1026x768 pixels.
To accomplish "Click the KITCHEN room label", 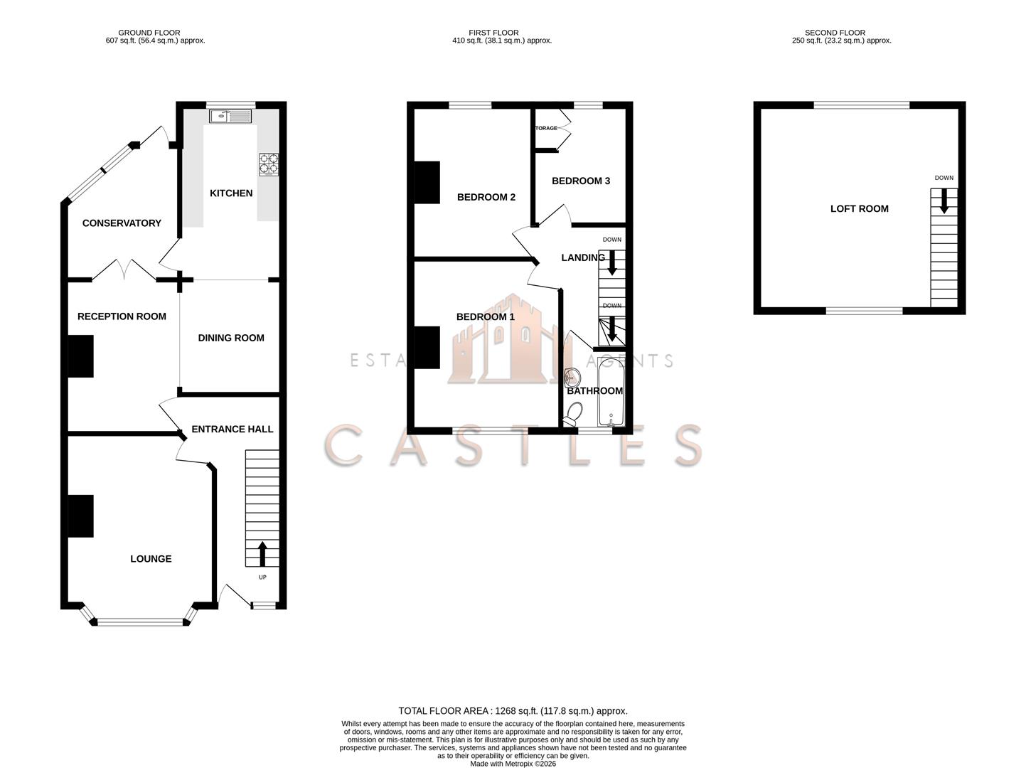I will point(231,193).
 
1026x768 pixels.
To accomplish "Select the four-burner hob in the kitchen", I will point(269,164).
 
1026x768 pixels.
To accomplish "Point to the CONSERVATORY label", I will point(122,223).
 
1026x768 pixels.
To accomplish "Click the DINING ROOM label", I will point(231,338).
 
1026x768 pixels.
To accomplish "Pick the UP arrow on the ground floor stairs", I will point(262,553).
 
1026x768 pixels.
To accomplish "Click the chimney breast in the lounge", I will point(80,516).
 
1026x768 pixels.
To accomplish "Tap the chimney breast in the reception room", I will point(80,356).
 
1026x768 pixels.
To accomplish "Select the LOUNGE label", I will point(151,559).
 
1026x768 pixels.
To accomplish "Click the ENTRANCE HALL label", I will point(233,430).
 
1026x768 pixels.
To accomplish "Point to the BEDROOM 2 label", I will point(486,197).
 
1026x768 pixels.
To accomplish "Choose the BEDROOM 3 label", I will point(581,181).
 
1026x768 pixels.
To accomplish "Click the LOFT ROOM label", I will point(859,209).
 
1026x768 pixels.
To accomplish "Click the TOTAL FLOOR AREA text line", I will point(513,710).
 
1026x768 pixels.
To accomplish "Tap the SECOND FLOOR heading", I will point(835,33).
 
